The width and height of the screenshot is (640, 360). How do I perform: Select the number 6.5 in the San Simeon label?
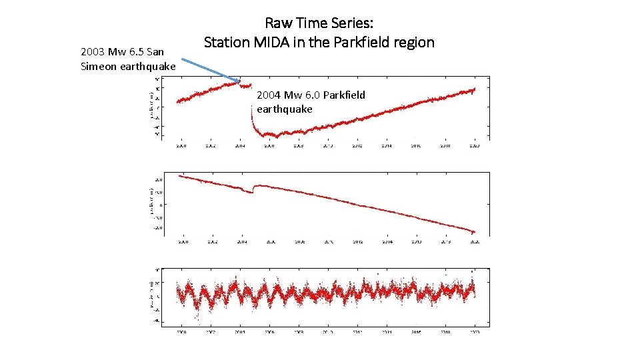(x=135, y=51)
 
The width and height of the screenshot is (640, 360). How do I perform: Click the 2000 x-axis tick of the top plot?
(x=181, y=145)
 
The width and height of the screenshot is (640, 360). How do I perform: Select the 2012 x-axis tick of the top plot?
(x=357, y=145)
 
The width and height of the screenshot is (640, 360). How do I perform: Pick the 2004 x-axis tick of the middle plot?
(x=240, y=241)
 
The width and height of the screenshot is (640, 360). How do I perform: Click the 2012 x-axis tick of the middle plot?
(x=357, y=241)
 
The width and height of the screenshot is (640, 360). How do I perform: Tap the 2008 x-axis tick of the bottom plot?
(x=299, y=331)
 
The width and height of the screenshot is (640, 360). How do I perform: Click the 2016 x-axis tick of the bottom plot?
(x=416, y=331)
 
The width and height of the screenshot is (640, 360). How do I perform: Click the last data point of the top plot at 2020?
(x=475, y=89)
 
